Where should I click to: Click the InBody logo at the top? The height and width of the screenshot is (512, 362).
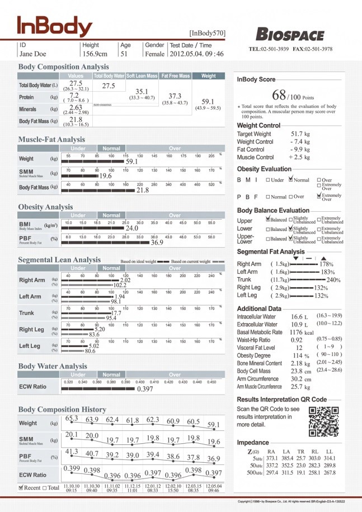click(54, 26)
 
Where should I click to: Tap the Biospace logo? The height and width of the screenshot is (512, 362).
click(290, 34)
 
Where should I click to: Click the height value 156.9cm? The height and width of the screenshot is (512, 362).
click(95, 54)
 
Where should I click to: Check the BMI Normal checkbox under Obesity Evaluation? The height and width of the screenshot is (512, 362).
click(291, 180)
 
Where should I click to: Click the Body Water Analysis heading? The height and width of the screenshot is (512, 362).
click(53, 366)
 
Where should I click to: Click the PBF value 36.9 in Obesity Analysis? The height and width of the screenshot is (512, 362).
click(157, 243)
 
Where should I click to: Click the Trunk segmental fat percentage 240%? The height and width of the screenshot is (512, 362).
click(333, 279)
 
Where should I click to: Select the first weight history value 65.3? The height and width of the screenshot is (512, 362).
click(72, 419)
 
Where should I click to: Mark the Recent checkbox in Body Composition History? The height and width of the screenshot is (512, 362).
click(21, 487)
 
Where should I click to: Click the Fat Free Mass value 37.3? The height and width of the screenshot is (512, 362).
click(175, 96)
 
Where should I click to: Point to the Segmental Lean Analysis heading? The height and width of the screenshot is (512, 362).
click(59, 260)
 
